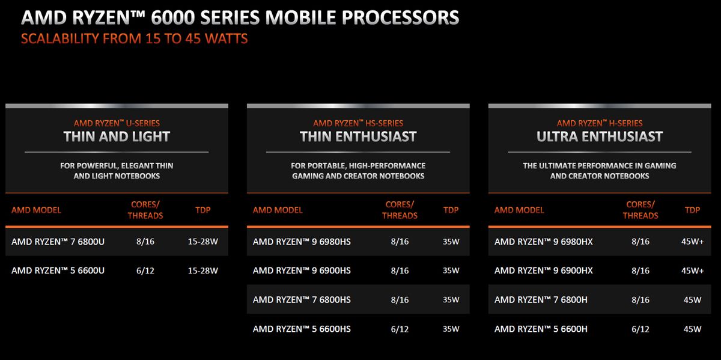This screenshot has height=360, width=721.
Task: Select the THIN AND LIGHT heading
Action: [117, 136]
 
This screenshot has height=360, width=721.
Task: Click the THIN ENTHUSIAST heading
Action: [358, 136]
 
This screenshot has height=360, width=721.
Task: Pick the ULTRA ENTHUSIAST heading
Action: [600, 136]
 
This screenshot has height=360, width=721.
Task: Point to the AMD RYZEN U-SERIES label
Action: [117, 123]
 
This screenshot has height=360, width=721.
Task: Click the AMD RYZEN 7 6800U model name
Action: [58, 242]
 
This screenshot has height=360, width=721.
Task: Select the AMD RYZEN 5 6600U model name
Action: [58, 270]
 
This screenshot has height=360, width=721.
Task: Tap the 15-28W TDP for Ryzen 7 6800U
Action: [202, 242]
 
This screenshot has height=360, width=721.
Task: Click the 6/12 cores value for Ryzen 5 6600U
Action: [145, 270]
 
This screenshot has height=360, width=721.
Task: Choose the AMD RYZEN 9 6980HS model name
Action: [302, 242]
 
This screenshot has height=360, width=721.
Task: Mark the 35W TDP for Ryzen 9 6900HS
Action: [451, 270]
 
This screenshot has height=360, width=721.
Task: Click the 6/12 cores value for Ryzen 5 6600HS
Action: [399, 329]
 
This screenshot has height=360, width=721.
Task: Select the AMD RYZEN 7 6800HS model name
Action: [302, 299]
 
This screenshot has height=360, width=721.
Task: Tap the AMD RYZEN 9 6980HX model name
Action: [543, 242]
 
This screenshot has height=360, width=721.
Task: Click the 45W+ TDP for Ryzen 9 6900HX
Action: [692, 270]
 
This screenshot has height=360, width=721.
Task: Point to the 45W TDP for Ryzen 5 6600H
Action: [692, 329]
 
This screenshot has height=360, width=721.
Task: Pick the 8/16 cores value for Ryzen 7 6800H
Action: [640, 299]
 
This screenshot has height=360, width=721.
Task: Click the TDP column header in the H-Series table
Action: [692, 210]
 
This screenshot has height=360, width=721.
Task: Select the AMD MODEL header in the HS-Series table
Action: [278, 210]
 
